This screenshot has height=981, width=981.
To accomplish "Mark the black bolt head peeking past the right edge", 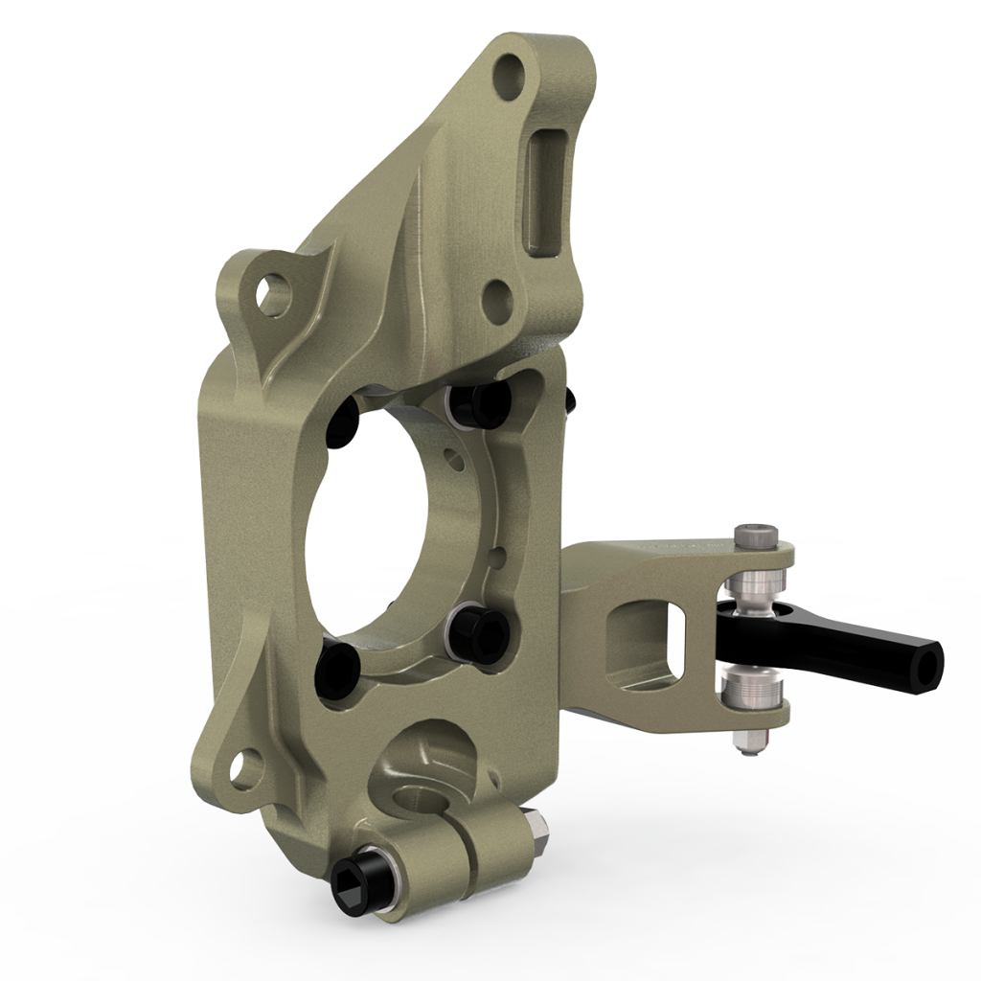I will [572, 399].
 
